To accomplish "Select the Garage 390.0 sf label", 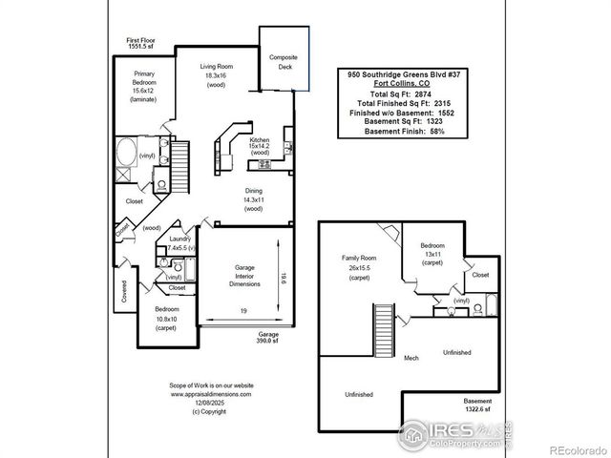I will coord(267,338).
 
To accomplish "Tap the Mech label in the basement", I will coord(411,358).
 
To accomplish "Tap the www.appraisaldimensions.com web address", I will coord(211,393).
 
